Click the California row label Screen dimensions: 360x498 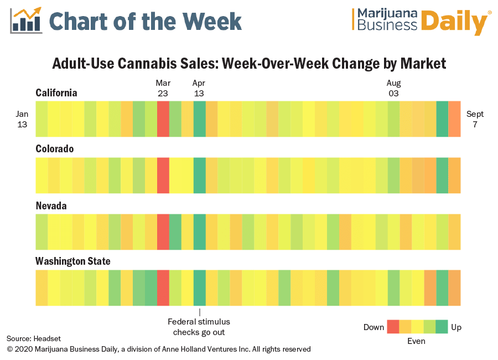click(56, 92)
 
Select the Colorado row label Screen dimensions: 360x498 click(55, 149)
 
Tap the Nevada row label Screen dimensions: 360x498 click(51, 205)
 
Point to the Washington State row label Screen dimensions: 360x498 click(73, 261)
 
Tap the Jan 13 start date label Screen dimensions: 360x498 click(22, 119)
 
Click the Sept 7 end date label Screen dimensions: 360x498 click(475, 119)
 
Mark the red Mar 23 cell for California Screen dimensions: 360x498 click(163, 119)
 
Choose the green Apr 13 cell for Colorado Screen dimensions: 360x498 click(199, 176)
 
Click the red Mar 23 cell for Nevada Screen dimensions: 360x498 click(163, 232)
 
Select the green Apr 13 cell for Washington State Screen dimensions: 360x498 click(199, 288)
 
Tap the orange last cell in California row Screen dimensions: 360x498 click(454, 119)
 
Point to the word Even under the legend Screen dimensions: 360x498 click(416, 341)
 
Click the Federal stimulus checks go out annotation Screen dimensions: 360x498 click(199, 327)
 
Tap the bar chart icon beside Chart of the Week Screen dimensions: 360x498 click(27, 20)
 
